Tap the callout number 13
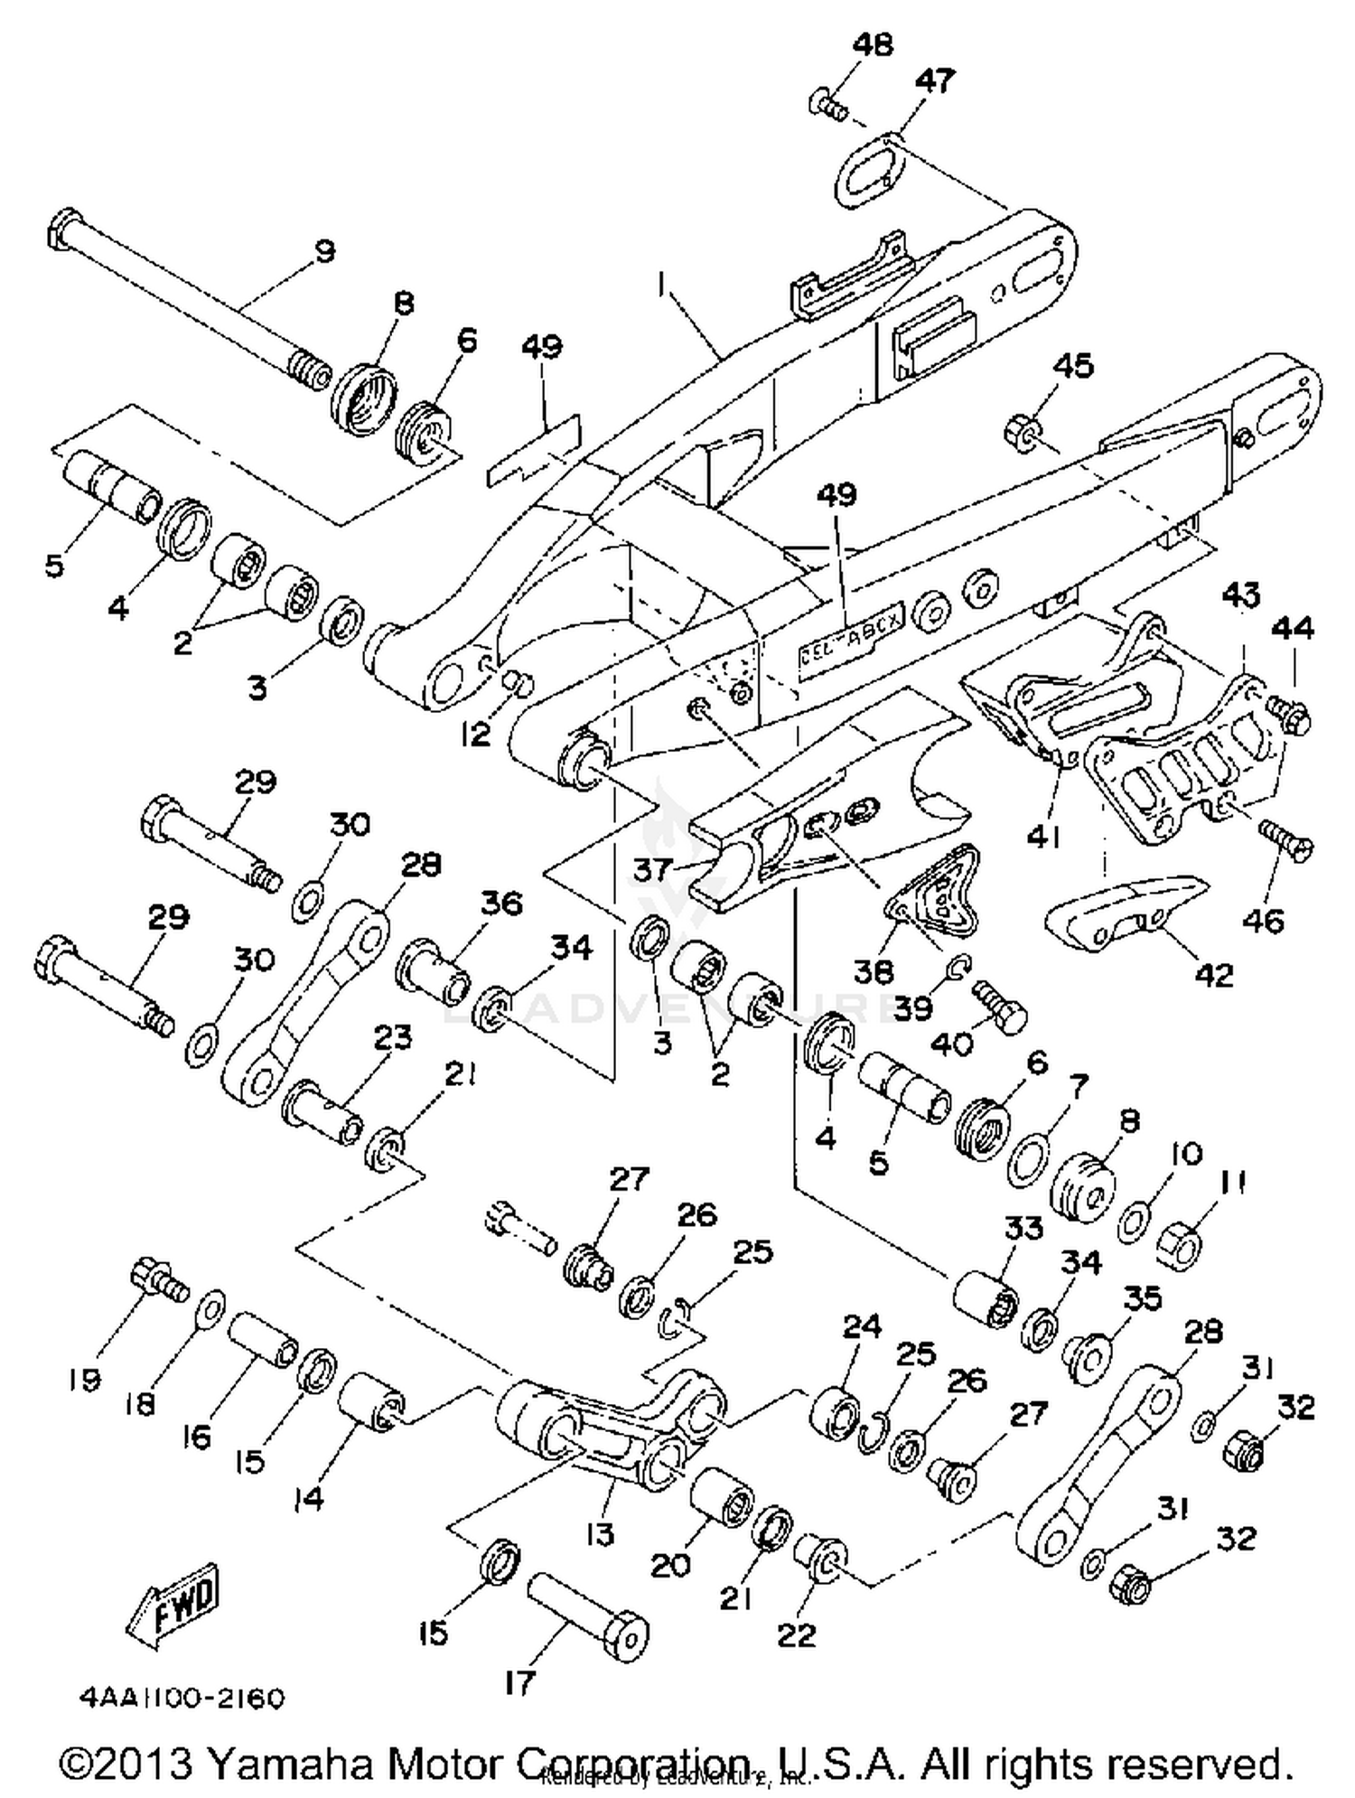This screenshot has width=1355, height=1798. (600, 1533)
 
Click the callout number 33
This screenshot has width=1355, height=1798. (1023, 1227)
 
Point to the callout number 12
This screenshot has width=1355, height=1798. (475, 734)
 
